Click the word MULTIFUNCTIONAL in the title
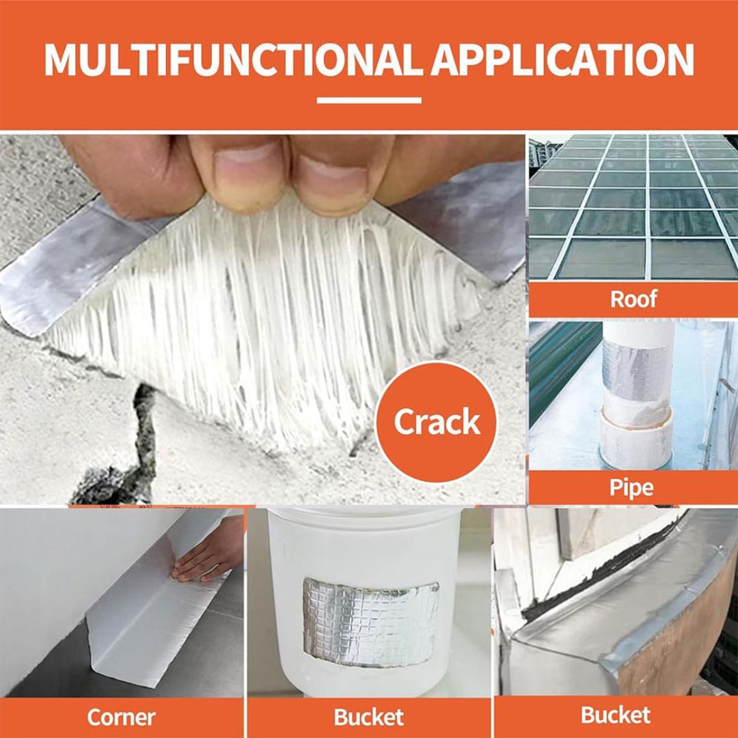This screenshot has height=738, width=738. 233,59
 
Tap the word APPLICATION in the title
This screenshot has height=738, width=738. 562,59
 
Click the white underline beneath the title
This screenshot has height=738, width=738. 369,100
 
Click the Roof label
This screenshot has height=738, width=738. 633,299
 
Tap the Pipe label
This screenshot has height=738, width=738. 631,487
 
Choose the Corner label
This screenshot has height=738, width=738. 121,717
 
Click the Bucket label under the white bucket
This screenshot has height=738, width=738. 368,717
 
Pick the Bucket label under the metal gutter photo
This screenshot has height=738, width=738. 615,715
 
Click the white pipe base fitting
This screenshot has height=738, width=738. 635,441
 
